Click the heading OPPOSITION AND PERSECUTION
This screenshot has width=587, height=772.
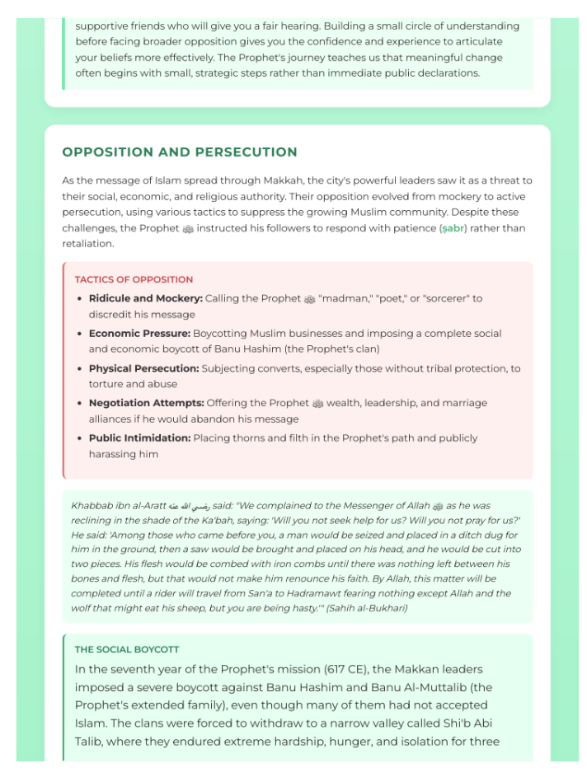pos(180,152)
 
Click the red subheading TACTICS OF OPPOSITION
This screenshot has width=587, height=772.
pos(134,279)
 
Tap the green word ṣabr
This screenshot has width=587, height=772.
pos(453,228)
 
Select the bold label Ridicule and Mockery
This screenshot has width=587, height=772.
pos(145,298)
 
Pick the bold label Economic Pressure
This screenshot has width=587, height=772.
pos(139,334)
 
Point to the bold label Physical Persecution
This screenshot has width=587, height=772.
pos(143,368)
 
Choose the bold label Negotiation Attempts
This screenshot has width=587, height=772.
pos(146,403)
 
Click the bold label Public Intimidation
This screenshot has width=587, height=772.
pos(139,438)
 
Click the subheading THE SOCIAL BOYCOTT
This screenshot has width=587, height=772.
pos(126,649)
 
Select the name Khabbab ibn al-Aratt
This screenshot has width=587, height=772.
pos(119,505)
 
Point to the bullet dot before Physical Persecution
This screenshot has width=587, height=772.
pos(79,369)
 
